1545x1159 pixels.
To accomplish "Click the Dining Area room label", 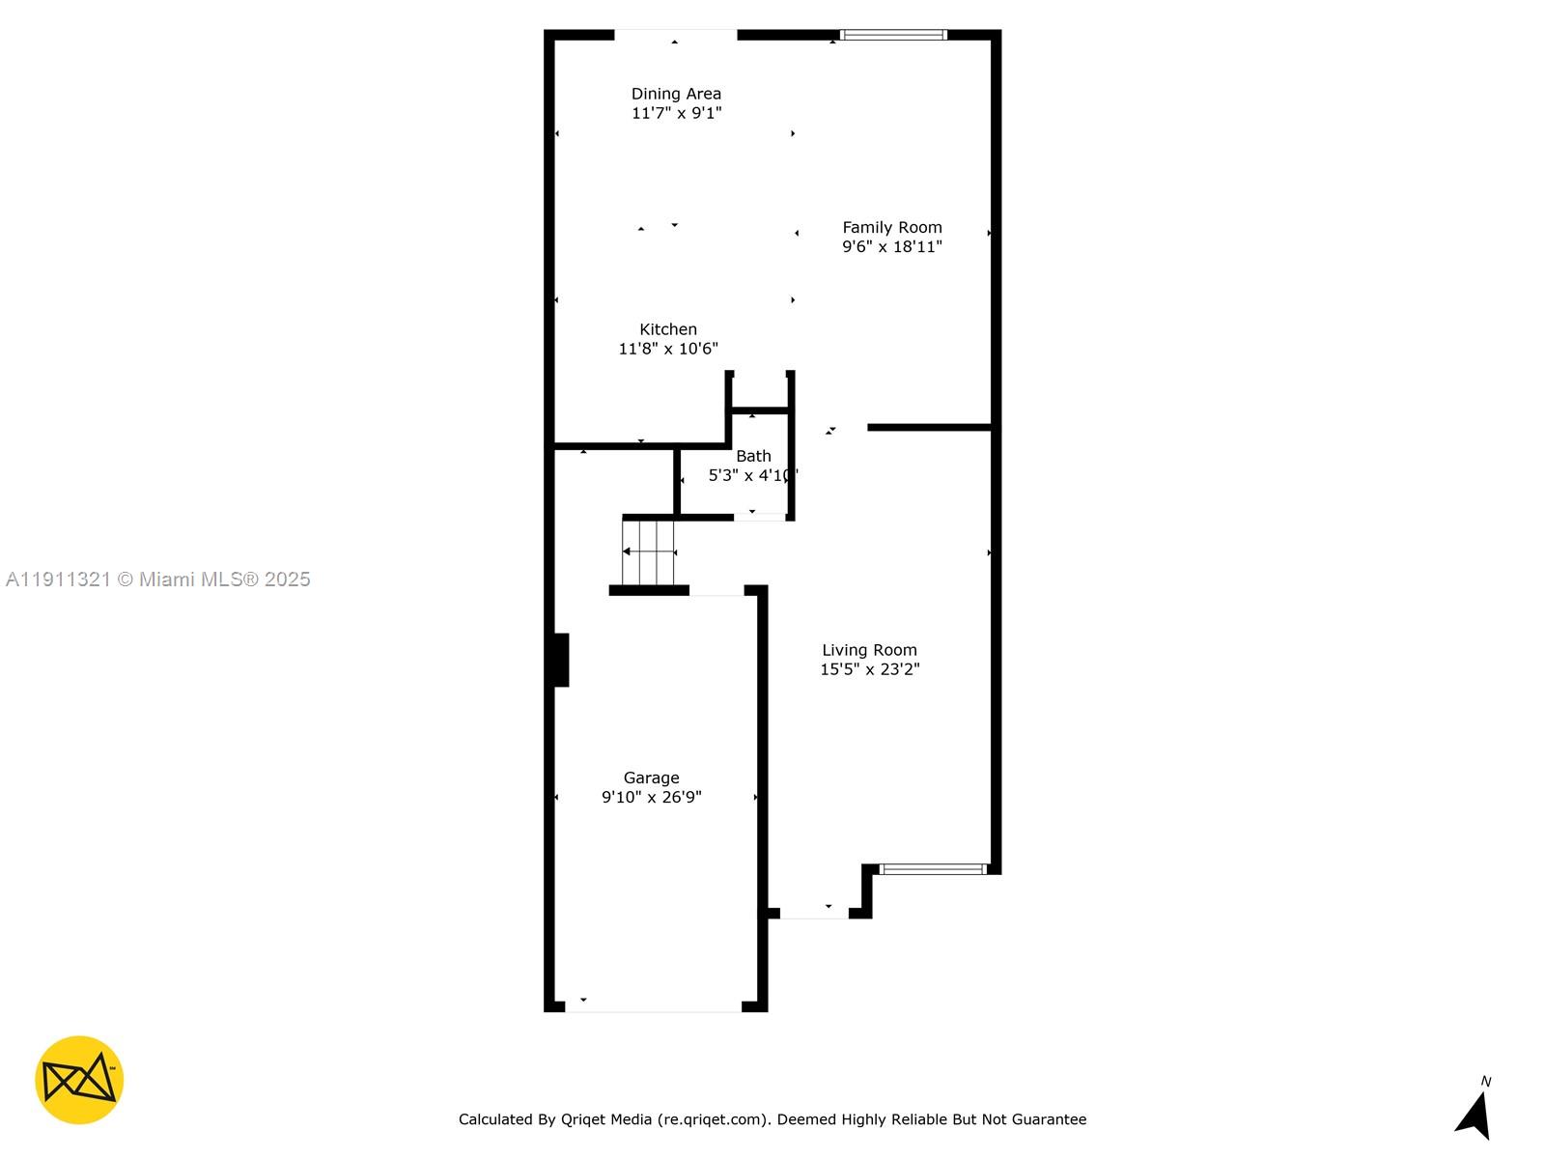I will tap(676, 94).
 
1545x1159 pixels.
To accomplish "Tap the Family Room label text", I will tap(891, 228).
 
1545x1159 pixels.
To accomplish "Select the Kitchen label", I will tap(668, 329).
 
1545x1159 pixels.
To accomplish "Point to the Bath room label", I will tap(753, 456).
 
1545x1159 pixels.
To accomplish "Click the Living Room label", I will tap(869, 650).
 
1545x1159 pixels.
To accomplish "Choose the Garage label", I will tap(651, 777).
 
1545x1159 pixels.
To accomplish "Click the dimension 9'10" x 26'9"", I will tap(651, 798).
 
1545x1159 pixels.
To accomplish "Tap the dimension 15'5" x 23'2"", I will tap(869, 669).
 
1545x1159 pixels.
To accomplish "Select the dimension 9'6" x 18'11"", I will tap(891, 247).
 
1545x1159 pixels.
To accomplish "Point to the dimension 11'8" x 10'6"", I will tap(668, 349).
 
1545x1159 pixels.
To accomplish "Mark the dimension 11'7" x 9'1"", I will tap(676, 113).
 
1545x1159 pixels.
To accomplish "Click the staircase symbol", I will tap(649, 551).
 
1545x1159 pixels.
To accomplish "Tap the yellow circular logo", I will tap(79, 1080).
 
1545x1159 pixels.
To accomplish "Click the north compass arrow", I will tap(1475, 1115).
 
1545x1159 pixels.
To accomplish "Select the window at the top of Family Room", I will tap(893, 36).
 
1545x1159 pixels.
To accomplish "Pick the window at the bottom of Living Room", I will tap(933, 869).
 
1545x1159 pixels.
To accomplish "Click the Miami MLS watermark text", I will tap(158, 579).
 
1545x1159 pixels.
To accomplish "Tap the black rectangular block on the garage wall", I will tap(561, 660).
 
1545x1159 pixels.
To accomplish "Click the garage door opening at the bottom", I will tap(653, 1008).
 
